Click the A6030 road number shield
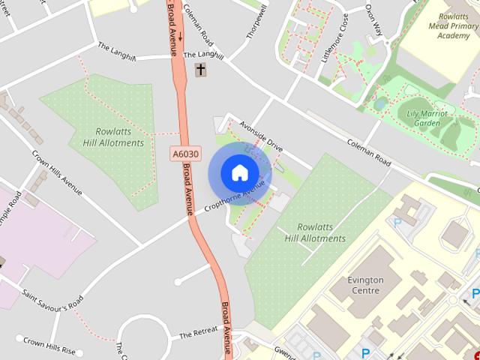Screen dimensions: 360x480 [x=186, y=154]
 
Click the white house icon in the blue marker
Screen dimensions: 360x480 [x=239, y=173]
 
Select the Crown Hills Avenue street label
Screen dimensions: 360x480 [x=57, y=172]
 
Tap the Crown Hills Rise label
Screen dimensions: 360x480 [x=49, y=346]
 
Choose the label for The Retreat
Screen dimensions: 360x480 [x=198, y=332]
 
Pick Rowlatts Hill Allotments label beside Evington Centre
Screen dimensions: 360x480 [x=315, y=232]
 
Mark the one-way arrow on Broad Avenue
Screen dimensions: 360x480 [x=180, y=16]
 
